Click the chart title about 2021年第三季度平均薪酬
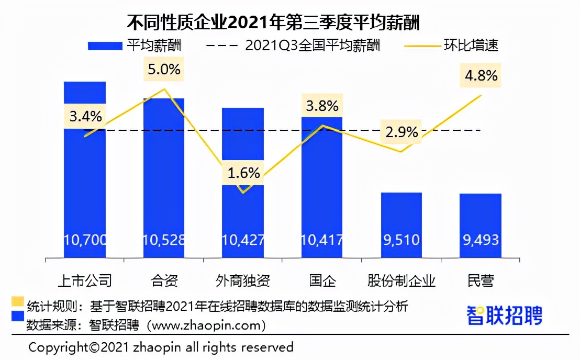[274, 22]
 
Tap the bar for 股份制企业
[401, 225]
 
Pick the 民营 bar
[481, 225]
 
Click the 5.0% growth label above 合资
[164, 69]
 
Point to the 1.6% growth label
[244, 173]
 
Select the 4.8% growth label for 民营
[481, 75]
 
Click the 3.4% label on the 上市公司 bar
[85, 116]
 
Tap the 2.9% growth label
[401, 132]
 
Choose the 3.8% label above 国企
[322, 106]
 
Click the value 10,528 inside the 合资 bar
[164, 240]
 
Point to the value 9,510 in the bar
[401, 240]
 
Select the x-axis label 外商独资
[243, 280]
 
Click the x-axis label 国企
[322, 280]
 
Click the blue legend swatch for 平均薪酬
[105, 46]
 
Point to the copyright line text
[161, 347]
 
